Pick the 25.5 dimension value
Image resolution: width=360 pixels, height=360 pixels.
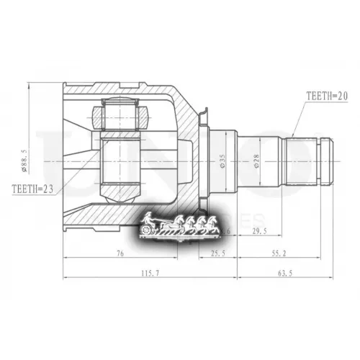(x=217, y=253)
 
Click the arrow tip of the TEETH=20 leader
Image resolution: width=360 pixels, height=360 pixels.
(x=294, y=136)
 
